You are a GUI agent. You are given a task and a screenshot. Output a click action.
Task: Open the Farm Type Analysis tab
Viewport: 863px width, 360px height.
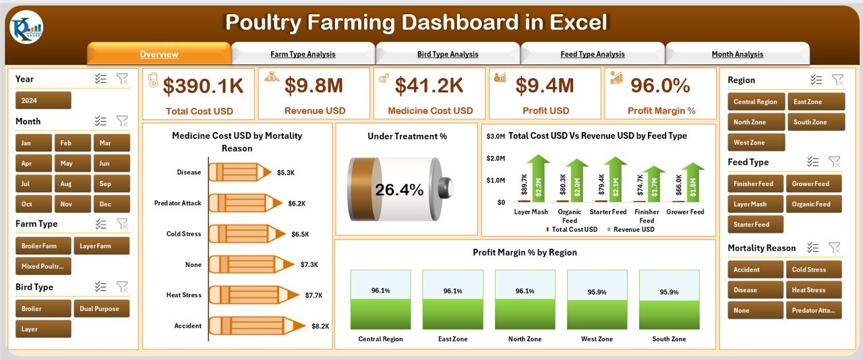coord(303,54)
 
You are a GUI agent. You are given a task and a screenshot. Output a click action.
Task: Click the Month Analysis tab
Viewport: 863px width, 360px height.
coord(737,54)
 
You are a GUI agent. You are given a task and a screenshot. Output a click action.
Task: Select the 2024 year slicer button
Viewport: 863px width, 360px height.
coord(43,100)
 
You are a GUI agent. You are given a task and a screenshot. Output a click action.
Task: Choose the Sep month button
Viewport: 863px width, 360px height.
coord(105,183)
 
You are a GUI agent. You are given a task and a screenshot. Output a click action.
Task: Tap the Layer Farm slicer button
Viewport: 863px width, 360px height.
coord(101,246)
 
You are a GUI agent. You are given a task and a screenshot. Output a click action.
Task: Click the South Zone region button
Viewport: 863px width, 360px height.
coord(814,122)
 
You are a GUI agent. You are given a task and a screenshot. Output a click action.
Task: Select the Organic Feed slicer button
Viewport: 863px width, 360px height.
coord(814,204)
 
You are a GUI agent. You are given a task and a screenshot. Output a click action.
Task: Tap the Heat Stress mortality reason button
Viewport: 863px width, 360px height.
coord(814,290)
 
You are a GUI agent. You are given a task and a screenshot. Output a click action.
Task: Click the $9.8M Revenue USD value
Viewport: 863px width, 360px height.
coord(314,85)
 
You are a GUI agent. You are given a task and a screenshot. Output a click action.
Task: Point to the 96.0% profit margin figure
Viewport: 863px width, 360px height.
coord(660,85)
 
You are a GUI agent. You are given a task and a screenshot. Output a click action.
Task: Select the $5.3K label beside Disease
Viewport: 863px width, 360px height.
coord(286,173)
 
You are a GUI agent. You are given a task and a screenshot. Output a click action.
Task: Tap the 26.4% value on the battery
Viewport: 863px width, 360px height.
coord(399,190)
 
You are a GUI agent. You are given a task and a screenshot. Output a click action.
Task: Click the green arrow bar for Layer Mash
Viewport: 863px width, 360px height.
coord(539,179)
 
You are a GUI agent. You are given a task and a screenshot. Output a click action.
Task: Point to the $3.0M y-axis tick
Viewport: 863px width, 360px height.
coord(495,136)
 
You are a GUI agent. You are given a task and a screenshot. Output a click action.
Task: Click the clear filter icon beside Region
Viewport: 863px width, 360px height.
coord(837,80)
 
